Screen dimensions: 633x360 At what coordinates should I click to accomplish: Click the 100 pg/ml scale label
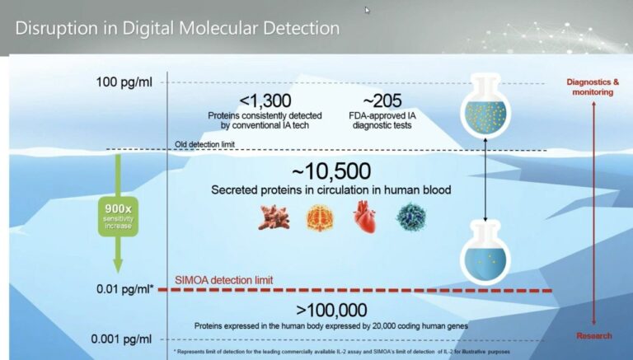coord(124,82)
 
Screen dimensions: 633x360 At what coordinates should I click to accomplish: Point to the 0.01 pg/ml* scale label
coord(125,289)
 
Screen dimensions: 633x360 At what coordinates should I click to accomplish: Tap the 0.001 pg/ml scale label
coord(121,339)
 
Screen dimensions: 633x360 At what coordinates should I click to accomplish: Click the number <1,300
coord(265,101)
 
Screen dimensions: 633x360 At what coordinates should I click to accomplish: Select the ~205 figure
coord(382,101)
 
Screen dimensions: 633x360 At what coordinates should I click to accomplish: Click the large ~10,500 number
coord(331,171)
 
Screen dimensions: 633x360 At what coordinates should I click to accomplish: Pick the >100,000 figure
coord(331,310)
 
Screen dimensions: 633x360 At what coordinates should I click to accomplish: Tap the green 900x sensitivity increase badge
coord(119,217)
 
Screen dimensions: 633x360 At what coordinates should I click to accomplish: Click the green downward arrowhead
coord(118,266)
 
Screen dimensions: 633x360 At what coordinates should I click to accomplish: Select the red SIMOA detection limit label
coord(223,280)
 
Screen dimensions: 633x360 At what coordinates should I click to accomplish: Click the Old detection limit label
coord(204,144)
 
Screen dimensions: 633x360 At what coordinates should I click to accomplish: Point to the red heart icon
coord(364,217)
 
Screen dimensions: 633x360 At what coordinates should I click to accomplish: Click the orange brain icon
coord(320,218)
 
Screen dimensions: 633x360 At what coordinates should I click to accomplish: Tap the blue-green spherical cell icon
coord(411,217)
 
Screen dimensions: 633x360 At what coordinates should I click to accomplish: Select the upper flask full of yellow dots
coord(485,105)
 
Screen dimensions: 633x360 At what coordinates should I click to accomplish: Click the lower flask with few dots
coord(485,254)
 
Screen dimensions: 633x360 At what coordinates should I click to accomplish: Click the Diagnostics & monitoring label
coord(593,86)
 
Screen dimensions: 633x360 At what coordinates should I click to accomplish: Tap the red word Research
coord(593,336)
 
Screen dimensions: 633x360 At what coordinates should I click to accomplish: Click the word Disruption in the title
coord(57,28)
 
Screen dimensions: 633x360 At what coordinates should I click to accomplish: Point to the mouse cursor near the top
coord(368,10)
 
